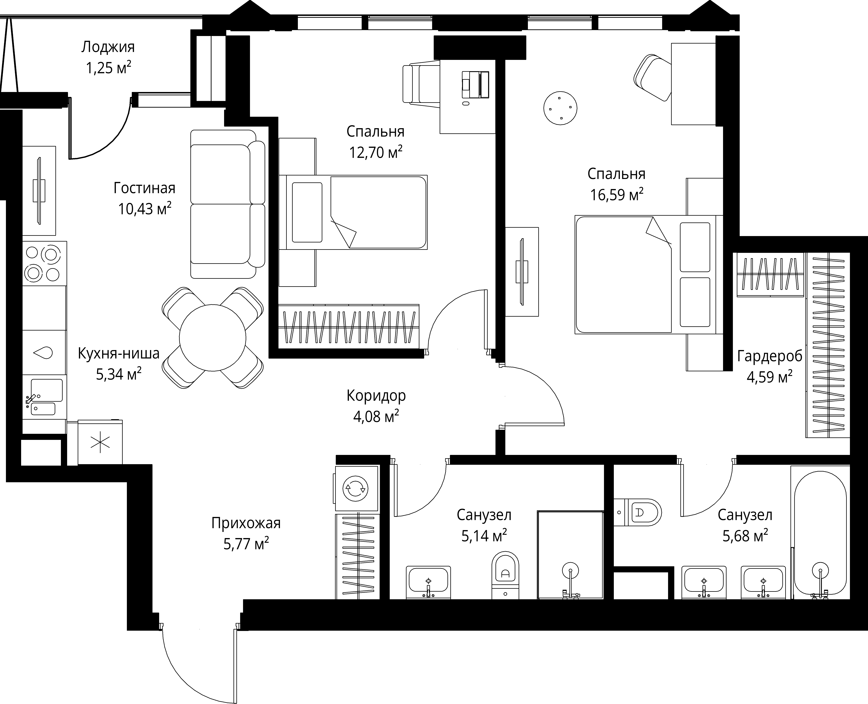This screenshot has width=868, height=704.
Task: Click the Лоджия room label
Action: click(108, 47)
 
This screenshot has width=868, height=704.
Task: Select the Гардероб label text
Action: click(769, 356)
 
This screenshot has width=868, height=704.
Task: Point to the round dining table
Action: click(213, 338)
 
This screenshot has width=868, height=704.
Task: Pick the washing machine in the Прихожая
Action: click(356, 488)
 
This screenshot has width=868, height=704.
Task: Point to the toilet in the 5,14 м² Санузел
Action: click(505, 575)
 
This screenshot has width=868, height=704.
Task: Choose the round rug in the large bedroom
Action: click(560, 108)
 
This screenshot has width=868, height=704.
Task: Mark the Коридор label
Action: click(376, 395)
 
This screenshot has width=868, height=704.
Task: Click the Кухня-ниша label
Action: click(118, 354)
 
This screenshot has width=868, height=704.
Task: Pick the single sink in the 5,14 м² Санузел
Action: click(428, 582)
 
